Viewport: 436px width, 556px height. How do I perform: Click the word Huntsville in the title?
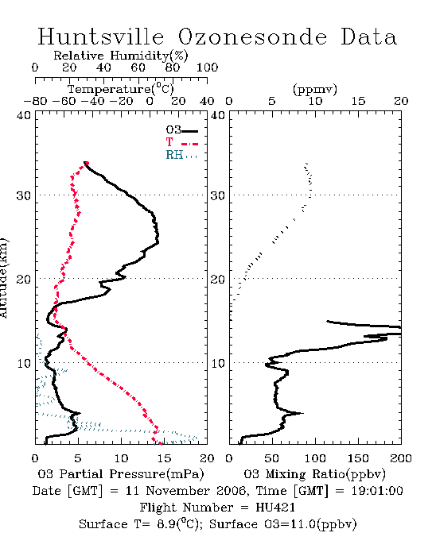101,37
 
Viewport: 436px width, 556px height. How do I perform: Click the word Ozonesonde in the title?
252,37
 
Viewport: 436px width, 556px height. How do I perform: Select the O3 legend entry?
181,130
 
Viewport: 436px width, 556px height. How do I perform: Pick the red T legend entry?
181,142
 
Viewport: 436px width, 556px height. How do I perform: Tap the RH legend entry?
181,155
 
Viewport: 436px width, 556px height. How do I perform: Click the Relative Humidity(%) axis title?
121,56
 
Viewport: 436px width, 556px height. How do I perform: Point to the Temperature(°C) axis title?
121,89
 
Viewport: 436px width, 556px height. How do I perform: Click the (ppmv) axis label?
315,89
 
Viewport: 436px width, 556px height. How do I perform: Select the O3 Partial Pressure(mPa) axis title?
121,474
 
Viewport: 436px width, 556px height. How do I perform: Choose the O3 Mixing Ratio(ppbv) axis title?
314,474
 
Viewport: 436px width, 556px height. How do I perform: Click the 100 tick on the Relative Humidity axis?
207,68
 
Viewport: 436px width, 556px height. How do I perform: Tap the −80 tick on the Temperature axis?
35,101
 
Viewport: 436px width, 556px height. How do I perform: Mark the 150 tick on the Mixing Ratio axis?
358,458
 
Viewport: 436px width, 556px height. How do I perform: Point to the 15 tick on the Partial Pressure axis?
164,458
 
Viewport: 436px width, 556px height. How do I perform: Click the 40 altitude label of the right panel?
217,115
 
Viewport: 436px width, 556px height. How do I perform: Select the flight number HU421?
275,508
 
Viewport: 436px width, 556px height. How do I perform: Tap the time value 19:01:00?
377,491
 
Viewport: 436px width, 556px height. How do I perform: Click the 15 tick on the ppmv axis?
358,101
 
